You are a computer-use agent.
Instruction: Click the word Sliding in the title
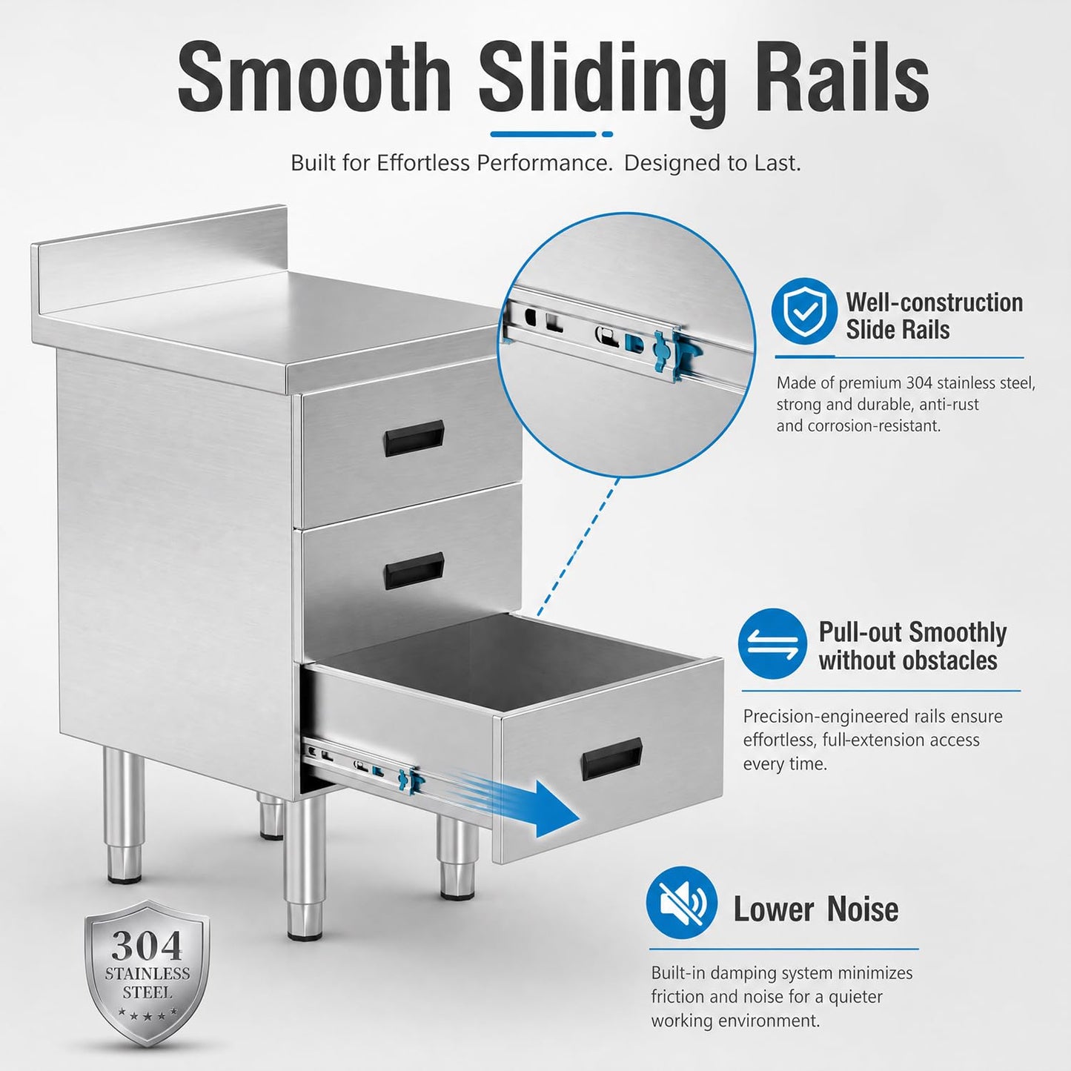(x=602, y=81)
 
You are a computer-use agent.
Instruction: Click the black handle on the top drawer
(x=413, y=437)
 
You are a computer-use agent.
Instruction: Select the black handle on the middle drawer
(x=413, y=571)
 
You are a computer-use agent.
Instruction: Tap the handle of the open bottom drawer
(x=611, y=759)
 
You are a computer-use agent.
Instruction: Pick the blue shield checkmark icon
(x=804, y=311)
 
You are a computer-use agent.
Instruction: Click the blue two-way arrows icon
(x=772, y=643)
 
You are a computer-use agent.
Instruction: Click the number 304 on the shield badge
(x=147, y=946)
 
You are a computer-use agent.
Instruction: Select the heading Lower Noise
(x=816, y=909)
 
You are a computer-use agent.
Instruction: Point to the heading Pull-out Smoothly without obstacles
(x=912, y=646)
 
